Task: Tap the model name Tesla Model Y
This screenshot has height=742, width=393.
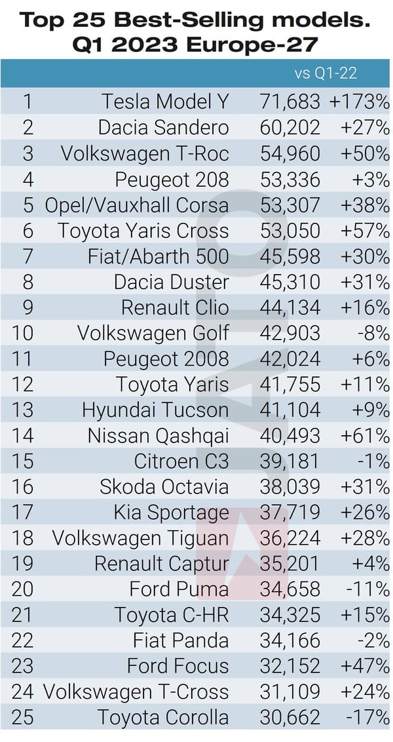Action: pyautogui.click(x=165, y=102)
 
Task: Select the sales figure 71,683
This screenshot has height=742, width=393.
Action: pyautogui.click(x=288, y=102)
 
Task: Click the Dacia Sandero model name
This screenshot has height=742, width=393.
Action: pyautogui.click(x=164, y=127)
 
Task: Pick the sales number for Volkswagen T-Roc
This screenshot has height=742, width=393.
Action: pyautogui.click(x=288, y=153)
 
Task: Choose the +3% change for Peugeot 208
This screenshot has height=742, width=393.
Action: pyautogui.click(x=369, y=179)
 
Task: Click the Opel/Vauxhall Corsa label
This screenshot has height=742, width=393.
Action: pyautogui.click(x=137, y=205)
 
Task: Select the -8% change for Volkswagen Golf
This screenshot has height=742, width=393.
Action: pyautogui.click(x=372, y=334)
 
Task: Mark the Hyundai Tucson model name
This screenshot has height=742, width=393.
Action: pyautogui.click(x=155, y=410)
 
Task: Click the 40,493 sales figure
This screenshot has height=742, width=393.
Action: pyautogui.click(x=288, y=436)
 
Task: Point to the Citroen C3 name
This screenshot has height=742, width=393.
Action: pyautogui.click(x=181, y=461)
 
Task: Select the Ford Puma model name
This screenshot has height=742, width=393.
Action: pyautogui.click(x=179, y=590)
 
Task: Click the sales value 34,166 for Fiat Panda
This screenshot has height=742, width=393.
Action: pyautogui.click(x=288, y=641)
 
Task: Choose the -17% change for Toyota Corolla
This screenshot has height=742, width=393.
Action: pyautogui.click(x=367, y=718)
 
